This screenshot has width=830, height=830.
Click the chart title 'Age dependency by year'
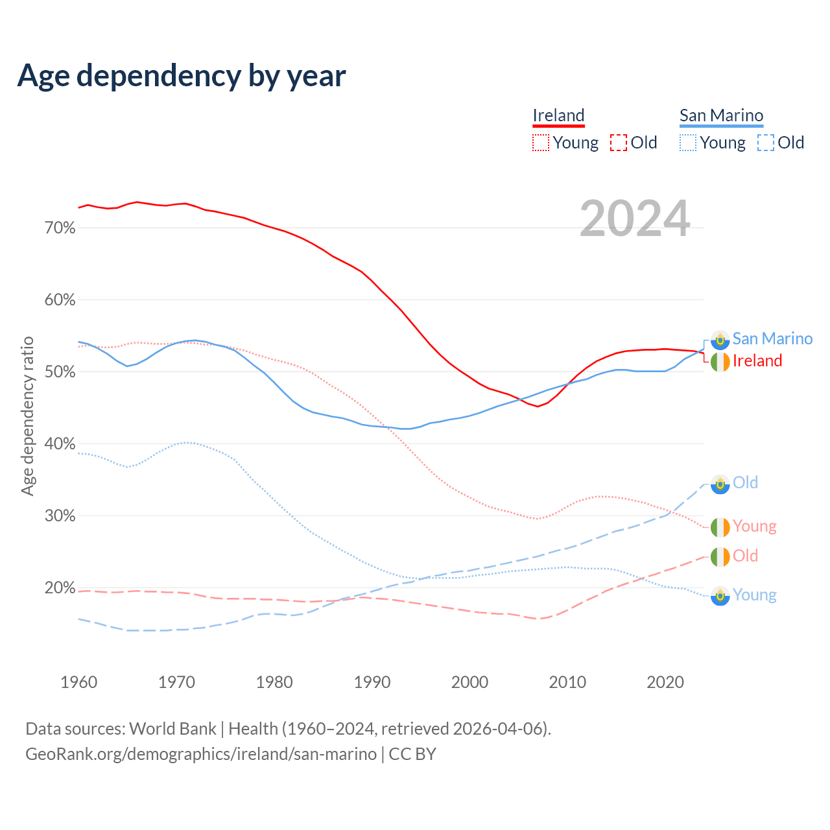182,76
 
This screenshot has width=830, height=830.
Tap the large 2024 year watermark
635,219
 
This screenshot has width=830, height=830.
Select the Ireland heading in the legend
558,115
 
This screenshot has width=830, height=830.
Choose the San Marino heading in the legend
721,115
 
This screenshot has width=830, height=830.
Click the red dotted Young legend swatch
541,143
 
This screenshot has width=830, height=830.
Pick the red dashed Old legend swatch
619,143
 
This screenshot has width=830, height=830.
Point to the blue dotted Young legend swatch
688,143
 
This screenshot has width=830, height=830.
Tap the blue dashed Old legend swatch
766,143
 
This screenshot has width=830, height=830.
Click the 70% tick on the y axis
60,228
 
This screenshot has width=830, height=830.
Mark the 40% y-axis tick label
60,444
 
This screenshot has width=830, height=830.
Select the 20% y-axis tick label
60,588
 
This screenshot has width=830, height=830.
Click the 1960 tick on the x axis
78,682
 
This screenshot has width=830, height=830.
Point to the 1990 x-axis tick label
372,682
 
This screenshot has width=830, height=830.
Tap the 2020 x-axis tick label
665,682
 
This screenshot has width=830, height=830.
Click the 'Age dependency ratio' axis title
27,416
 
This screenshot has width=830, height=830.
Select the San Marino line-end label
772,338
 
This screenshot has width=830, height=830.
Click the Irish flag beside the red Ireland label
720,361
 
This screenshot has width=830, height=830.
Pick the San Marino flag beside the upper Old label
720,484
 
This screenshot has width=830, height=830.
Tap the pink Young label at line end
755,526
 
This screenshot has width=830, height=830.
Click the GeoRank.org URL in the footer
201,754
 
